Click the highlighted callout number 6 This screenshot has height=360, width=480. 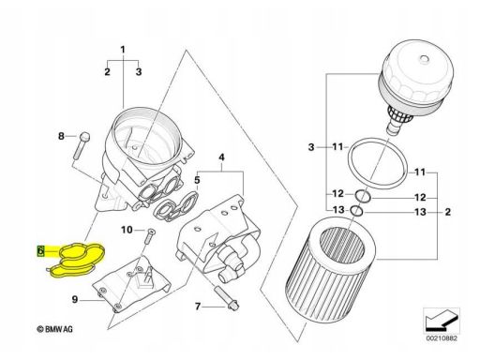coord(40,250)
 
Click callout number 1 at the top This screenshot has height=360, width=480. coord(123,50)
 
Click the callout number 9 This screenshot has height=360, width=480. coord(75,299)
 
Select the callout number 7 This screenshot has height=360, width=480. coord(198,307)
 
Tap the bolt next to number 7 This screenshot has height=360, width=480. coord(226,298)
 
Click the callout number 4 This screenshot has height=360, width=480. coord(221,157)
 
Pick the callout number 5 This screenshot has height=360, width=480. coord(197,180)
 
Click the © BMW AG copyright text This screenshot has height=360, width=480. coord(55,329)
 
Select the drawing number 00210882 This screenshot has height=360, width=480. coord(442,338)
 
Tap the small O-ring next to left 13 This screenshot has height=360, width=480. coord(357,211)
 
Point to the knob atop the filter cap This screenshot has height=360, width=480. coord(424,59)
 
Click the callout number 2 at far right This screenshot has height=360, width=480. coord(448,212)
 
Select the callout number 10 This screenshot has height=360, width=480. coord(127,230)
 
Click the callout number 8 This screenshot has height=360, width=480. coord(61,136)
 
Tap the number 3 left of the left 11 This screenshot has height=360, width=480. coord(311,147)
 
